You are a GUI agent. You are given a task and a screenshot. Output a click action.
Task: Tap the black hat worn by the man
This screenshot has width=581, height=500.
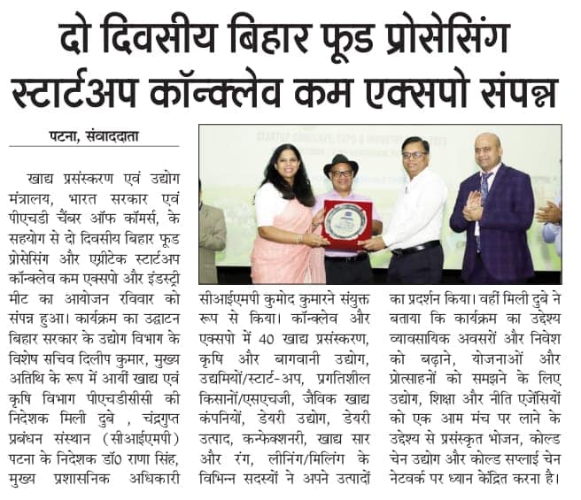341,164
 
